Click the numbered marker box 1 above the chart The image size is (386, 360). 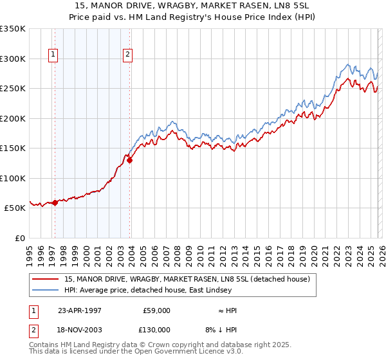(52, 55)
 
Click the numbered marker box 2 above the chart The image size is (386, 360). (128, 55)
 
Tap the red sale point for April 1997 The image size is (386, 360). (55, 203)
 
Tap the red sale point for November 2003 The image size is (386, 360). (130, 161)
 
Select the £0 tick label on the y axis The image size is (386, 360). (20, 238)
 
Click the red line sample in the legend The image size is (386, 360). (46, 279)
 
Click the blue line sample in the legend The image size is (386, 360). (46, 290)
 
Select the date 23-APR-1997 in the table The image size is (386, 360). (80, 310)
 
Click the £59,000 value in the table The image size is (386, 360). (156, 310)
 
